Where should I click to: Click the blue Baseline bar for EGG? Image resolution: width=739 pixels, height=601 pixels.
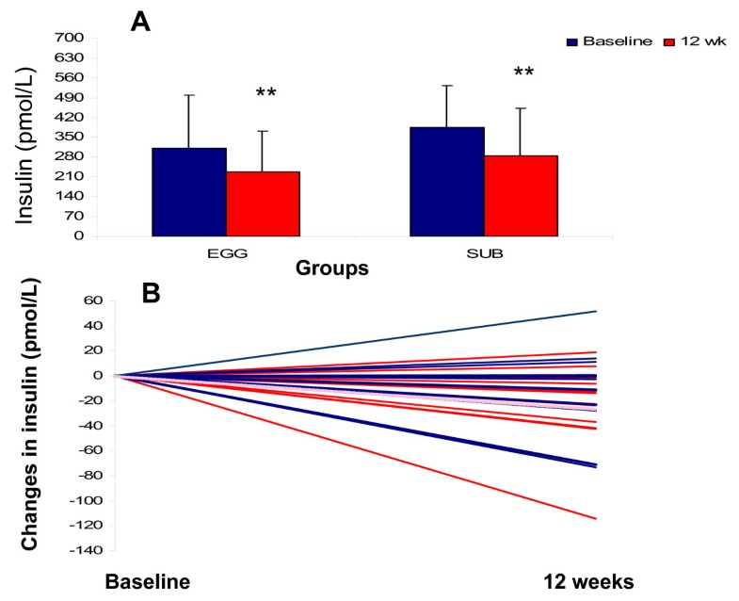click(188, 192)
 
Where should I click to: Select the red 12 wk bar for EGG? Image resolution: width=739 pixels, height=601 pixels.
click(263, 203)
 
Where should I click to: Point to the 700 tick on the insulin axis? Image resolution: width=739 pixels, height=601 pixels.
click(72, 39)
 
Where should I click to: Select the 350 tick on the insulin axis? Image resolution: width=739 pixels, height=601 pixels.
click(72, 138)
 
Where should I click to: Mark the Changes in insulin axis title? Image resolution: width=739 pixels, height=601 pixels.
click(30, 414)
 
